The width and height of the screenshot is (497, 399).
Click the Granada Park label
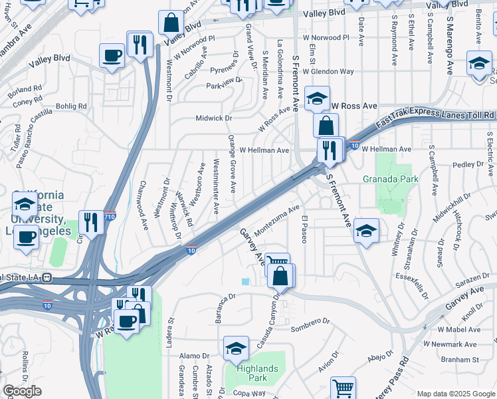[x=391, y=179]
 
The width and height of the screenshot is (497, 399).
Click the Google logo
[x=22, y=391]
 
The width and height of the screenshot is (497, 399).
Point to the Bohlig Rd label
[x=72, y=105]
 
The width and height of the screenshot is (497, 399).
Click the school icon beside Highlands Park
[x=236, y=350]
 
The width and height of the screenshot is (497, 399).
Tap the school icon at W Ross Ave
[x=318, y=99]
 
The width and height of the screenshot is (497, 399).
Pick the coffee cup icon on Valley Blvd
[x=112, y=56]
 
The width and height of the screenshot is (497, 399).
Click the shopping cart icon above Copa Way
[x=343, y=388]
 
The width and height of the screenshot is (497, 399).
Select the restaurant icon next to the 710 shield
[x=90, y=222]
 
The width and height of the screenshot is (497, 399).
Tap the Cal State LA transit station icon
[x=47, y=277]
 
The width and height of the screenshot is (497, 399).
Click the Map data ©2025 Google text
[x=455, y=394]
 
